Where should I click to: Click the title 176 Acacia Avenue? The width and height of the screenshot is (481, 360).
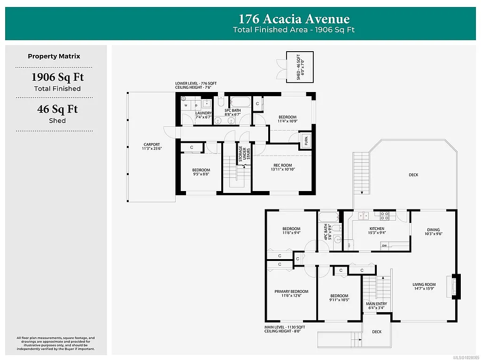point(294,19)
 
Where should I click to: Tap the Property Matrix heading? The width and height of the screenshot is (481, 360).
point(54,56)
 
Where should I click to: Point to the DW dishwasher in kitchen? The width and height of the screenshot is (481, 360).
point(384,245)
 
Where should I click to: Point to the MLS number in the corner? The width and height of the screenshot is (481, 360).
point(465,357)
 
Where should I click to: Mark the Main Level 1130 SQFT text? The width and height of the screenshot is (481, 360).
point(285,327)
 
